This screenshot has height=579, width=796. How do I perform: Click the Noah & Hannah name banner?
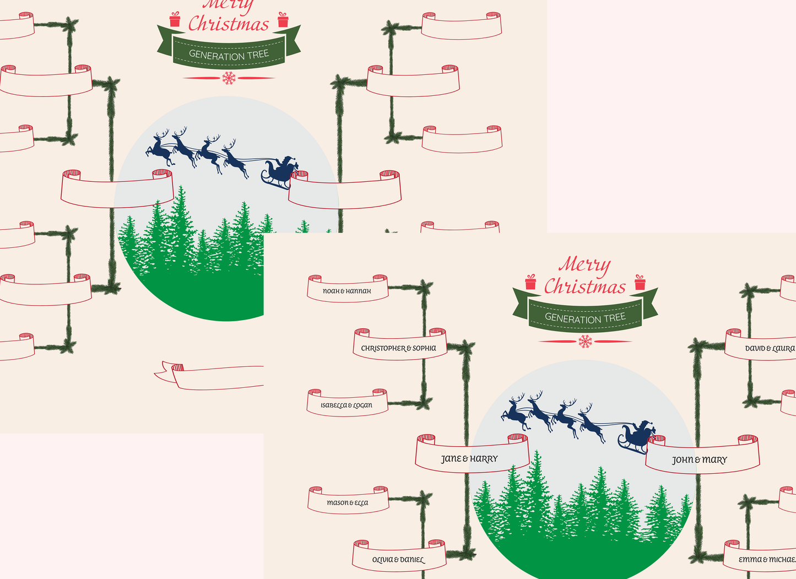pyautogui.click(x=347, y=290)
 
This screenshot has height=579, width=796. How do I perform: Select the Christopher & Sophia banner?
pyautogui.click(x=399, y=348)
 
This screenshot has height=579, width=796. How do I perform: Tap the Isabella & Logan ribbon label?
pyautogui.click(x=346, y=405)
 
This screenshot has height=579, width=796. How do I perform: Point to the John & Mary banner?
pyautogui.click(x=700, y=459)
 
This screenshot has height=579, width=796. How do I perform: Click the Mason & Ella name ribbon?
pyautogui.click(x=348, y=502)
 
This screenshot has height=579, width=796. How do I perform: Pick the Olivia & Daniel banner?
pyautogui.click(x=398, y=559)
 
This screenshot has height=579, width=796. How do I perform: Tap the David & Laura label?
pyautogui.click(x=768, y=348)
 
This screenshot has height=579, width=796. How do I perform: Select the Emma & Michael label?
pyautogui.click(x=766, y=559)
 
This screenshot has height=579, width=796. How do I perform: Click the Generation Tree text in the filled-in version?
pyautogui.click(x=585, y=318)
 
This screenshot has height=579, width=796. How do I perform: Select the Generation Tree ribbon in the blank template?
pyautogui.click(x=229, y=54)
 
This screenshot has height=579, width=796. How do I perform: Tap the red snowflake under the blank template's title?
pyautogui.click(x=229, y=78)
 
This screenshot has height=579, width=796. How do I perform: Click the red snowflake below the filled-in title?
pyautogui.click(x=585, y=342)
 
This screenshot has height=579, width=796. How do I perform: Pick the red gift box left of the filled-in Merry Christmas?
pyautogui.click(x=530, y=282)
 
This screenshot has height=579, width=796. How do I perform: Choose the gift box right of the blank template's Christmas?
pyautogui.click(x=283, y=20)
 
